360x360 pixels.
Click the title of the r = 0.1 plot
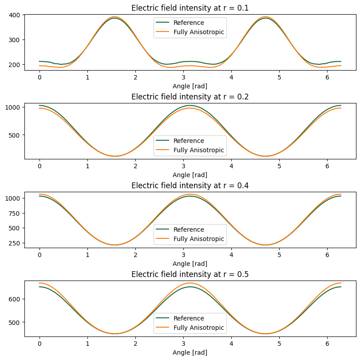(190, 8)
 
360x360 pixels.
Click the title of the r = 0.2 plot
(190, 97)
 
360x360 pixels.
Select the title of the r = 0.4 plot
(190, 186)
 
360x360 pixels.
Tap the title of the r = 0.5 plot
(190, 274)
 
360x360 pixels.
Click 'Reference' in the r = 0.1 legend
(189, 23)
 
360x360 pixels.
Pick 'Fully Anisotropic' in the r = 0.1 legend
(199, 32)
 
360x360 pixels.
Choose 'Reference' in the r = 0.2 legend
(189, 141)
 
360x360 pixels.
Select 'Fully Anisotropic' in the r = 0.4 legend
(199, 239)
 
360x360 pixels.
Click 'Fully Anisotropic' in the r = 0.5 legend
(199, 328)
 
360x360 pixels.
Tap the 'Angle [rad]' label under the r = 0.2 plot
(190, 175)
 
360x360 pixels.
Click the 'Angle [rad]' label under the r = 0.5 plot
(190, 352)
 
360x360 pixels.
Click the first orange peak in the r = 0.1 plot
(115, 17)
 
